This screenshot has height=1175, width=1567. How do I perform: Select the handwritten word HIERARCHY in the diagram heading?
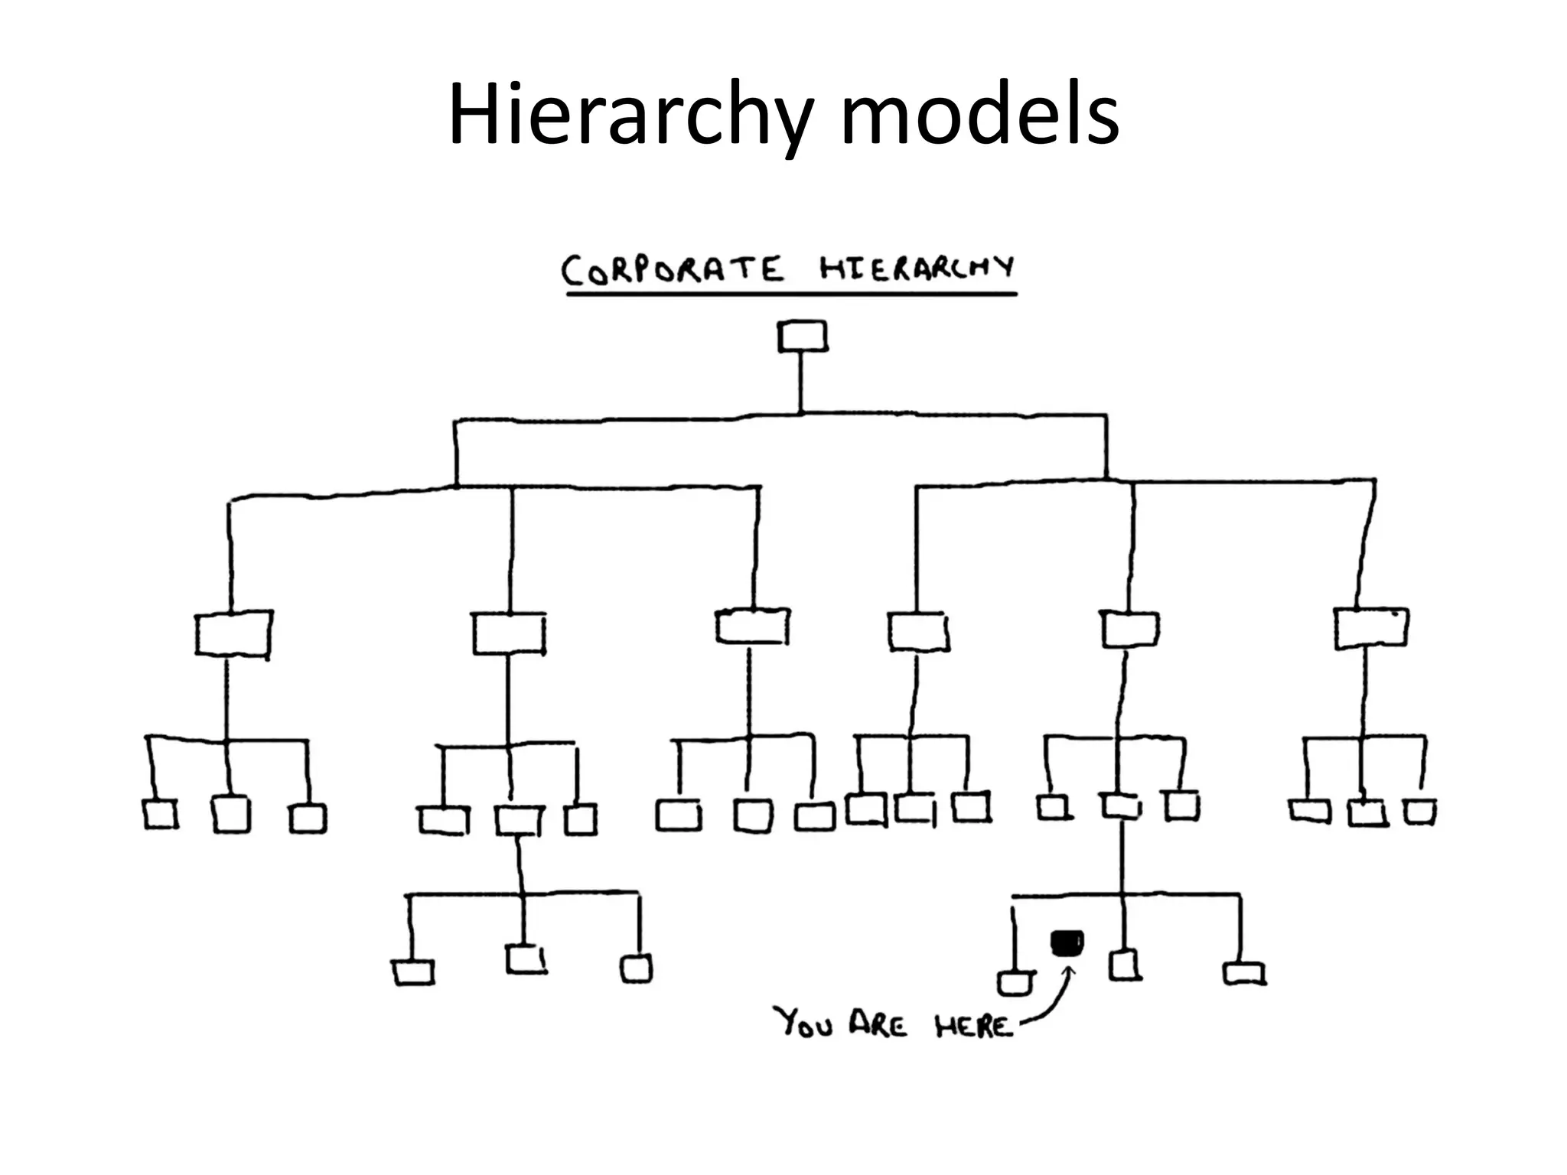pyautogui.click(x=917, y=269)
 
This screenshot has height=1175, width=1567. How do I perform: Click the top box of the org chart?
pyautogui.click(x=802, y=337)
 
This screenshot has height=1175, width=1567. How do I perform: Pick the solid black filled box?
pyautogui.click(x=1067, y=942)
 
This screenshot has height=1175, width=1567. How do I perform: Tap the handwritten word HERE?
pyautogui.click(x=972, y=1026)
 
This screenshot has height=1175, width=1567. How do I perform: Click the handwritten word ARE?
pyautogui.click(x=878, y=1024)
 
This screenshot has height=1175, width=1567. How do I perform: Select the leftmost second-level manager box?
pyautogui.click(x=233, y=633)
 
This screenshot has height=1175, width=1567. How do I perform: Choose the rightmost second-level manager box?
pyautogui.click(x=1370, y=628)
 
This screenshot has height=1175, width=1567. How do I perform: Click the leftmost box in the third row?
pyautogui.click(x=161, y=815)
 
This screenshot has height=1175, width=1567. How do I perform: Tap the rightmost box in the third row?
pyautogui.click(x=1420, y=812)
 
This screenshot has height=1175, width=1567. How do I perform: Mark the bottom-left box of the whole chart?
pyautogui.click(x=413, y=973)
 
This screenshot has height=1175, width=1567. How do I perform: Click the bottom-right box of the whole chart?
pyautogui.click(x=1244, y=973)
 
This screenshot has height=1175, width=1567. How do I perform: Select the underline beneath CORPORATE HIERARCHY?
pyautogui.click(x=791, y=294)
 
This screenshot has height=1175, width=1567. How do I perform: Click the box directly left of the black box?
pyautogui.click(x=1015, y=983)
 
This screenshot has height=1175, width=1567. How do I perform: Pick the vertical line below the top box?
pyautogui.click(x=801, y=382)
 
